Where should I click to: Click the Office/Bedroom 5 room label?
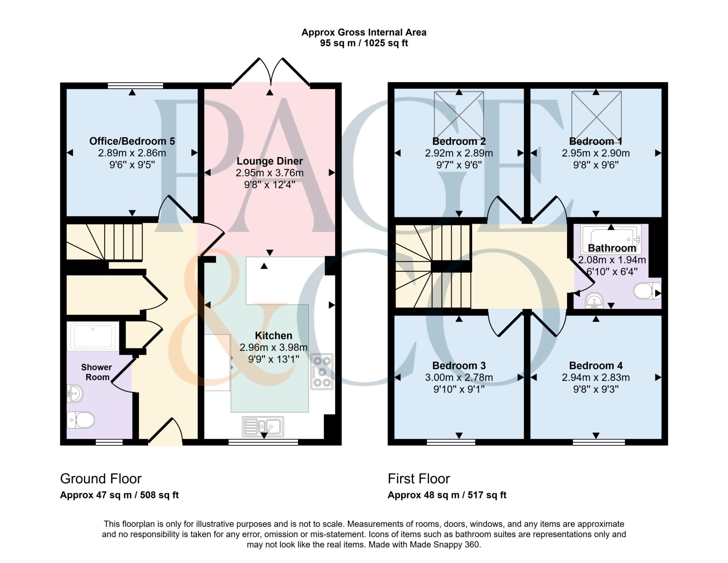132,141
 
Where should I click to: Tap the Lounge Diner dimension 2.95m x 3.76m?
269,173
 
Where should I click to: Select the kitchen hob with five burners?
322,372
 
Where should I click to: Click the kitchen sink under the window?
263,426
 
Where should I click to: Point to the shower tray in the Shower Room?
93,336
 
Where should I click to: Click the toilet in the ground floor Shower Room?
81,420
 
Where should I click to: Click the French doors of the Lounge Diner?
271,73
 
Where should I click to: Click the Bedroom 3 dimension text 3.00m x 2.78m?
459,377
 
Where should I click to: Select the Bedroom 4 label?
596,366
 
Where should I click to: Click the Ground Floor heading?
101,479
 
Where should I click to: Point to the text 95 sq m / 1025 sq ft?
364,43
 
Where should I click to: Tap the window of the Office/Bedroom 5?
135,85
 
